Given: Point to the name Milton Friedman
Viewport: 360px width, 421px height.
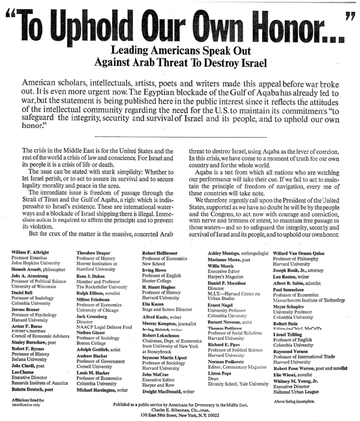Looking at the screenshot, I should pyautogui.click(x=92, y=300).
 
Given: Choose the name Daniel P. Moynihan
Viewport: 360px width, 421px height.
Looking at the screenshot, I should pyautogui.click(x=227, y=283).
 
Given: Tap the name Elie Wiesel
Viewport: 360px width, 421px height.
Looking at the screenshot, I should pyautogui.click(x=283, y=375).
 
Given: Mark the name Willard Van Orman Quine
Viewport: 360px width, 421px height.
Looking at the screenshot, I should pyautogui.click(x=298, y=253).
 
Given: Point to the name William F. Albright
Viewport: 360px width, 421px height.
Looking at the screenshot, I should pyautogui.click(x=30, y=253).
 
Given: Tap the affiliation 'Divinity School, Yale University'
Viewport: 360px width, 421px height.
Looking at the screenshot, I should pyautogui.click(x=238, y=384).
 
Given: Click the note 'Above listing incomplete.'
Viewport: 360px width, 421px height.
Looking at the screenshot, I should pyautogui.click(x=294, y=402).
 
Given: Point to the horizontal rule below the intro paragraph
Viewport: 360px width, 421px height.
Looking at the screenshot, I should pyautogui.click(x=180, y=136).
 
